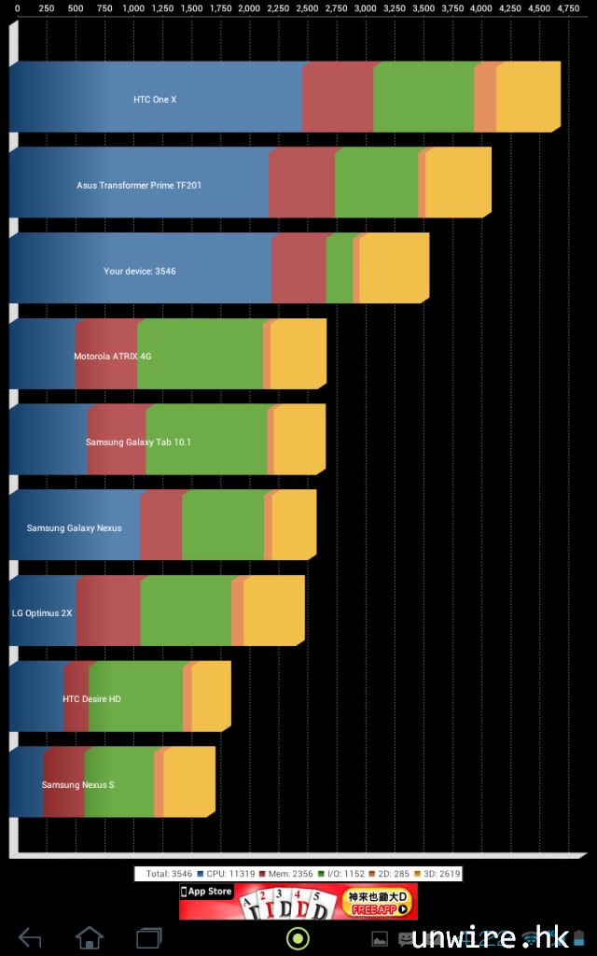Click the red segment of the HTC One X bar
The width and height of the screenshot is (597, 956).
click(x=338, y=98)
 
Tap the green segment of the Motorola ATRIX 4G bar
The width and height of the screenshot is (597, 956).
click(x=200, y=355)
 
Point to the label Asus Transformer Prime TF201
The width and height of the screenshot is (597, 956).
click(x=139, y=185)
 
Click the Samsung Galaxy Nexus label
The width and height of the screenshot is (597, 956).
click(x=74, y=528)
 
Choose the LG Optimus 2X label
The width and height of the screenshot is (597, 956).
click(x=42, y=613)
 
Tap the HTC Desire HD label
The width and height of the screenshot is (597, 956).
click(x=91, y=699)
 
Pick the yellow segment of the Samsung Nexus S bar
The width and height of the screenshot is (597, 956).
click(x=188, y=783)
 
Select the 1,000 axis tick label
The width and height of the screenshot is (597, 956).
click(x=133, y=7)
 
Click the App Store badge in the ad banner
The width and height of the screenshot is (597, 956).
click(x=207, y=893)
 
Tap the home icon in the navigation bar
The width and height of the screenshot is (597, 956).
click(x=90, y=937)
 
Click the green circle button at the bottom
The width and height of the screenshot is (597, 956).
click(x=298, y=937)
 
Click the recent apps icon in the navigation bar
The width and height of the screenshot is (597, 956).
click(x=149, y=937)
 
